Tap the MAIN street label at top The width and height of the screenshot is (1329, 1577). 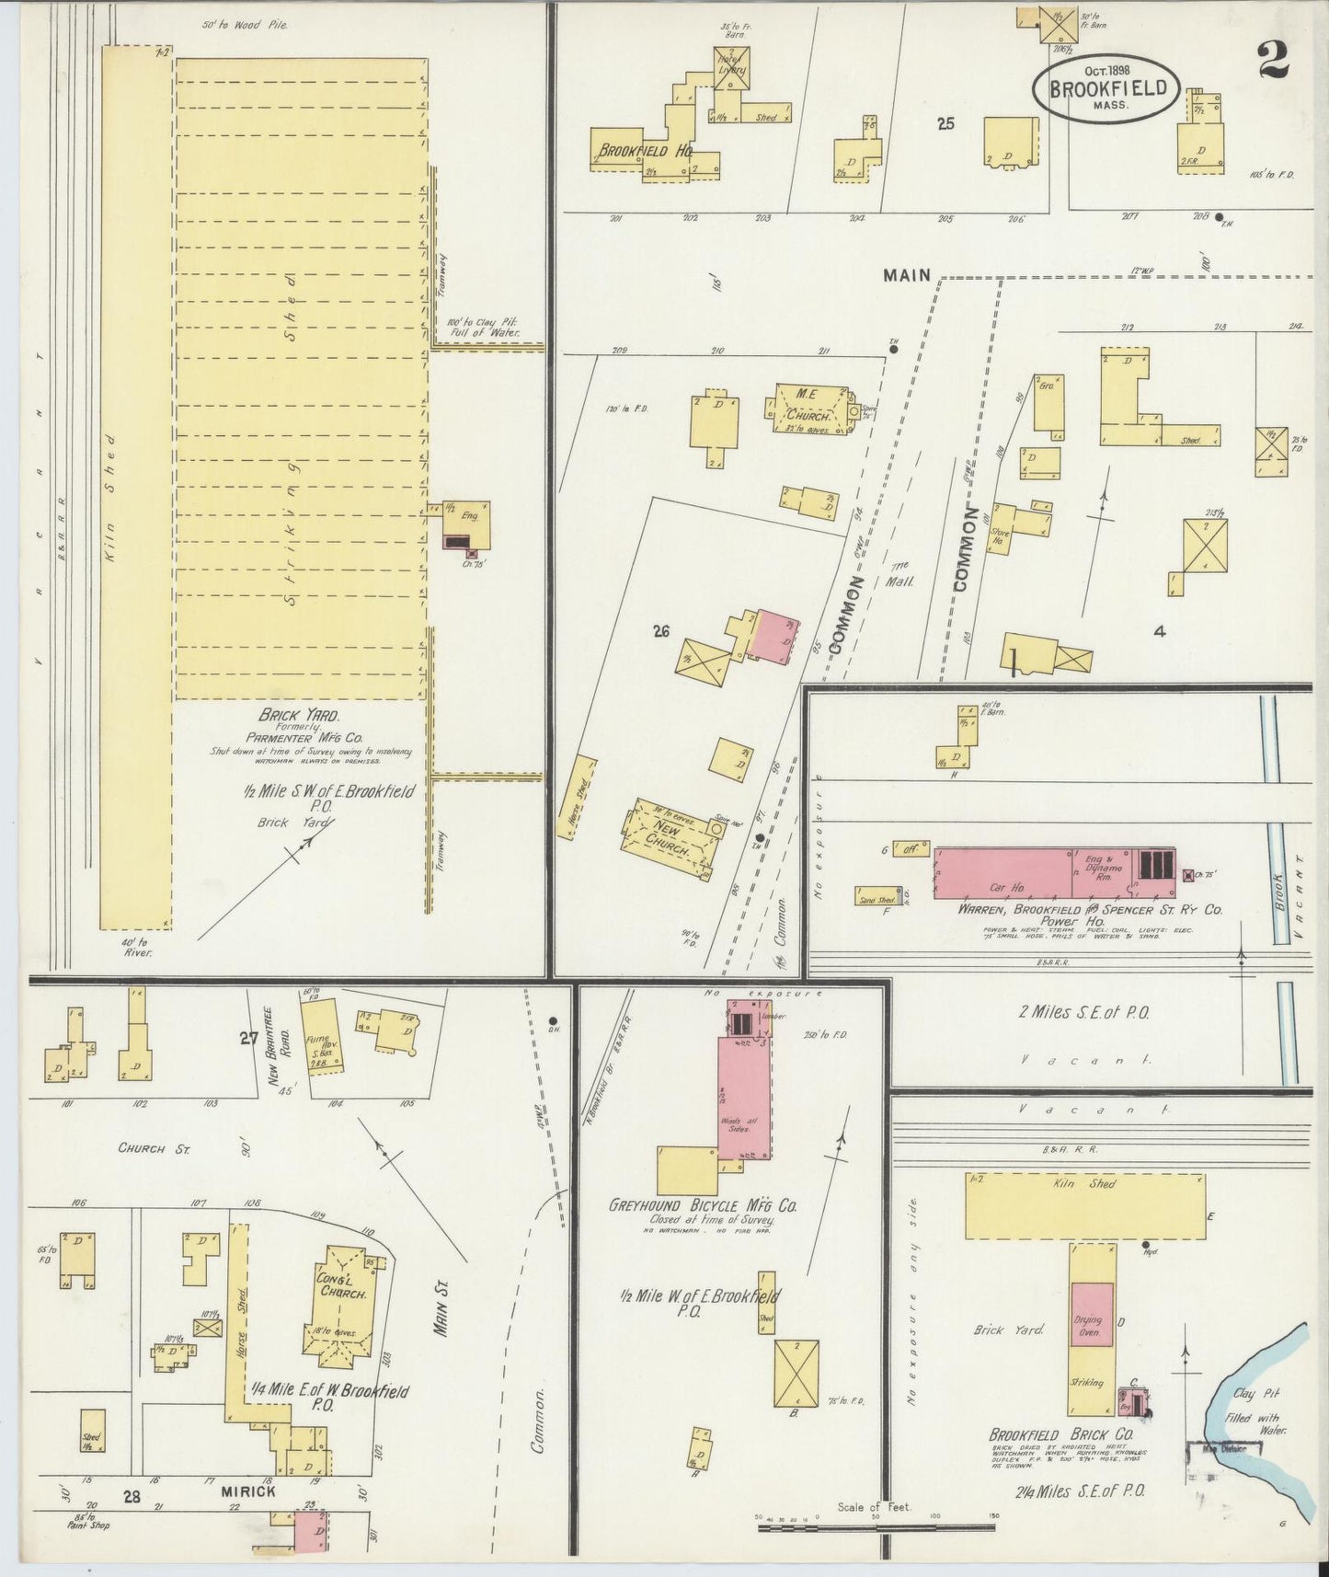point(906,275)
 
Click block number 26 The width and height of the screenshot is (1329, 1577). point(660,631)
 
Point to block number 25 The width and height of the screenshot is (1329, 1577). point(945,124)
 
